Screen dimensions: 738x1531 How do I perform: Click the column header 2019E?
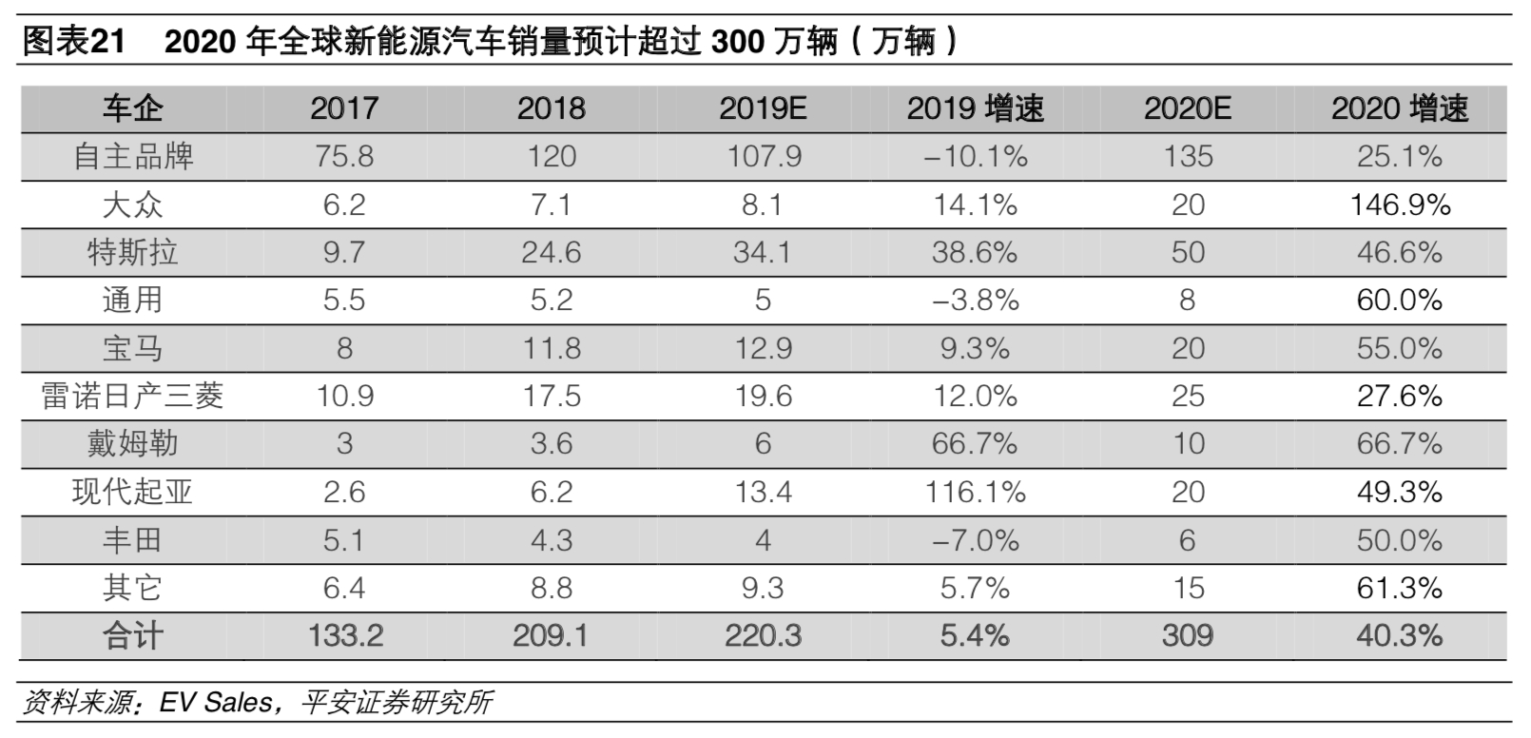point(763,108)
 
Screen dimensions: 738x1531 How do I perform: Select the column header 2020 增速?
point(1399,108)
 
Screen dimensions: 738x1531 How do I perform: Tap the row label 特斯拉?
point(132,253)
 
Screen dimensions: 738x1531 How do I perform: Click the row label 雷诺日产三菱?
point(132,397)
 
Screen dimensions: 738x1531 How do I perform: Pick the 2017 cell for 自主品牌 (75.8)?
point(344,157)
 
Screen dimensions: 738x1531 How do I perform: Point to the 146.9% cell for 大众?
point(1400,205)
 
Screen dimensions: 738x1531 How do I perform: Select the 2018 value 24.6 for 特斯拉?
point(552,253)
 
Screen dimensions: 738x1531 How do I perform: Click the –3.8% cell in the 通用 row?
point(975,301)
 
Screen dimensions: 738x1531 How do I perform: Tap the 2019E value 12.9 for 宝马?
point(763,349)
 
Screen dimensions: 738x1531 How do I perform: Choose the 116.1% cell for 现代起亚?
point(975,493)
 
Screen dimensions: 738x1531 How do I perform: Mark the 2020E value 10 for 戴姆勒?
point(1188,444)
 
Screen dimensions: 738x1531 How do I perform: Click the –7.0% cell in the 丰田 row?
point(975,541)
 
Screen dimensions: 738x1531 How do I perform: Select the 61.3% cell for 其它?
point(1400,589)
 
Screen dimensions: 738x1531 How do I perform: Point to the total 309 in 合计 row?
point(1188,635)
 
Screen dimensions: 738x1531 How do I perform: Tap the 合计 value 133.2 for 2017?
point(345,635)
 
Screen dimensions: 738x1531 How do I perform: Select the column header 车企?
point(132,108)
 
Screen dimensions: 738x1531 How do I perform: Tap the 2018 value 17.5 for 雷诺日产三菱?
point(552,397)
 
